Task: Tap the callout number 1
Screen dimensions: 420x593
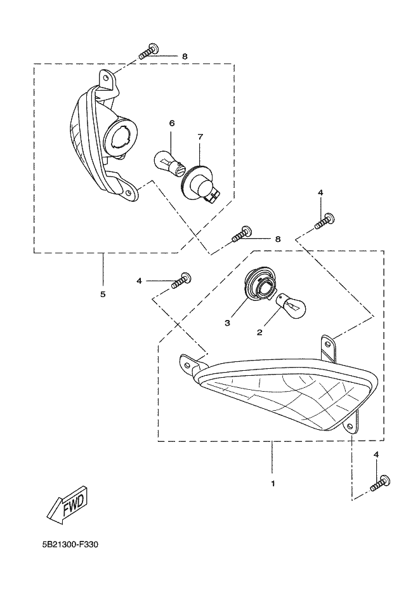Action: click(x=273, y=483)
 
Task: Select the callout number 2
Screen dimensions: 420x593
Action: click(x=259, y=333)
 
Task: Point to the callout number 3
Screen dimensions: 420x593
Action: click(x=227, y=323)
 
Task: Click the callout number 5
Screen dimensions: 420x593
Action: click(x=103, y=294)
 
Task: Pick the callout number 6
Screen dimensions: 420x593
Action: click(x=172, y=123)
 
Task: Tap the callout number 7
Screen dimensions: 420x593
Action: click(x=200, y=137)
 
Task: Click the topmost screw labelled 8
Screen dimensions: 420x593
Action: click(x=148, y=51)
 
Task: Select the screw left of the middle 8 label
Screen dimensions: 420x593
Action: click(x=242, y=234)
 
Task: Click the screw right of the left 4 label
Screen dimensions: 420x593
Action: click(x=181, y=280)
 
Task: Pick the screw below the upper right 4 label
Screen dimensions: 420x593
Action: click(x=325, y=221)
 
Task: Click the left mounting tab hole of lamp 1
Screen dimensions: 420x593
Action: click(x=187, y=362)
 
